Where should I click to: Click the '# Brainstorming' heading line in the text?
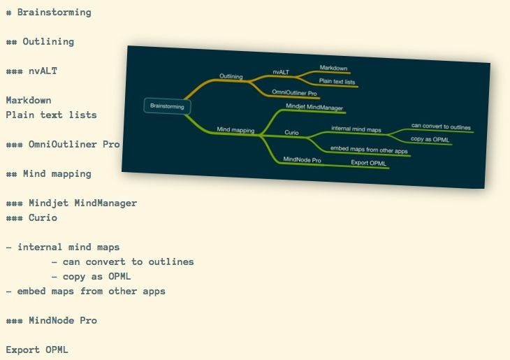[48, 13]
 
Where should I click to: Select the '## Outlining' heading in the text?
[40, 42]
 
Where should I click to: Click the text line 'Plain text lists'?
[51, 115]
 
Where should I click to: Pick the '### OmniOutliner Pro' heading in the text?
[63, 145]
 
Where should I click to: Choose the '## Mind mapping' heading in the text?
[48, 173]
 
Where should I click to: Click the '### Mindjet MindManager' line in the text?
[71, 203]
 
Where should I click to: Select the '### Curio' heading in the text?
[31, 218]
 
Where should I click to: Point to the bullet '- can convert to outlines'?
[122, 261]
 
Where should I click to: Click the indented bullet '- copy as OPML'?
[91, 276]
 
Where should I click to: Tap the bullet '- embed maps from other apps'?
[85, 291]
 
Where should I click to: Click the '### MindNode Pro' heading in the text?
[51, 320]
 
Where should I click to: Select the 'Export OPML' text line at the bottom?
[37, 350]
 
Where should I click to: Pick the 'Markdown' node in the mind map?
[334, 68]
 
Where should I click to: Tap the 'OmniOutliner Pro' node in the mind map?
[294, 92]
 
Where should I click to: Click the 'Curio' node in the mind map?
[292, 132]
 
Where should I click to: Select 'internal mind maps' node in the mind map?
[356, 129]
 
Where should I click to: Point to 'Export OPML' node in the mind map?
[368, 163]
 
